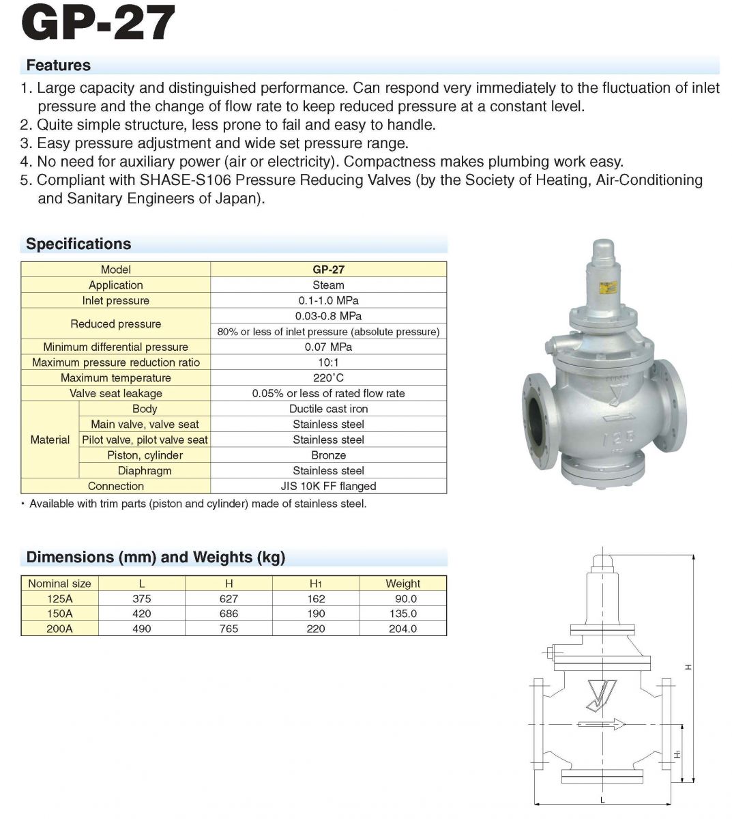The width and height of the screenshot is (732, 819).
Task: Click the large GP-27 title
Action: point(99,25)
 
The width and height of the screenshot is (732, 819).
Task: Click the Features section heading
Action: point(58,66)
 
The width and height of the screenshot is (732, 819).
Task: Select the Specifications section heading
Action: point(78,244)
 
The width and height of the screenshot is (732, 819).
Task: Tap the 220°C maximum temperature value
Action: point(328,377)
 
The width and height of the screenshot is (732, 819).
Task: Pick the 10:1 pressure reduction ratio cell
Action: point(328,362)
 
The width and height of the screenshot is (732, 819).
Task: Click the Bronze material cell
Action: point(328,455)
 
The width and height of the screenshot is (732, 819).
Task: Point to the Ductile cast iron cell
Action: point(328,409)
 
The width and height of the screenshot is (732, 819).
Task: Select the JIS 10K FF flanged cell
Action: point(328,486)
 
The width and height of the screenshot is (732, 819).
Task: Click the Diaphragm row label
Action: point(145,471)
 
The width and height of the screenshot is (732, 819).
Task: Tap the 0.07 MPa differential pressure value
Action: point(328,347)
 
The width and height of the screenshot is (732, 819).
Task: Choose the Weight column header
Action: point(402,584)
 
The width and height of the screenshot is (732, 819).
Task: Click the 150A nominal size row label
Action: point(59,614)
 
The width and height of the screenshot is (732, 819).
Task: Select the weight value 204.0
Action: point(402,629)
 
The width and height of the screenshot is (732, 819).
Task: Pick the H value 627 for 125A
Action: point(229,599)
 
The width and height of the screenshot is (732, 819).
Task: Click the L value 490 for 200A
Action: point(142,629)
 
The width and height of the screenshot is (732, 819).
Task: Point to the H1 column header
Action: point(316,584)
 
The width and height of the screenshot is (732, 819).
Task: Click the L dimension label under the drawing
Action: point(602,799)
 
